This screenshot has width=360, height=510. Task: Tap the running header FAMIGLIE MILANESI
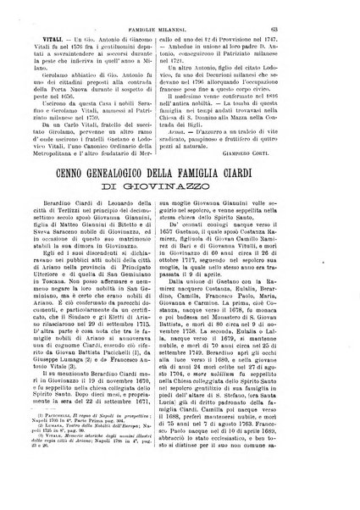(181, 11)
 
